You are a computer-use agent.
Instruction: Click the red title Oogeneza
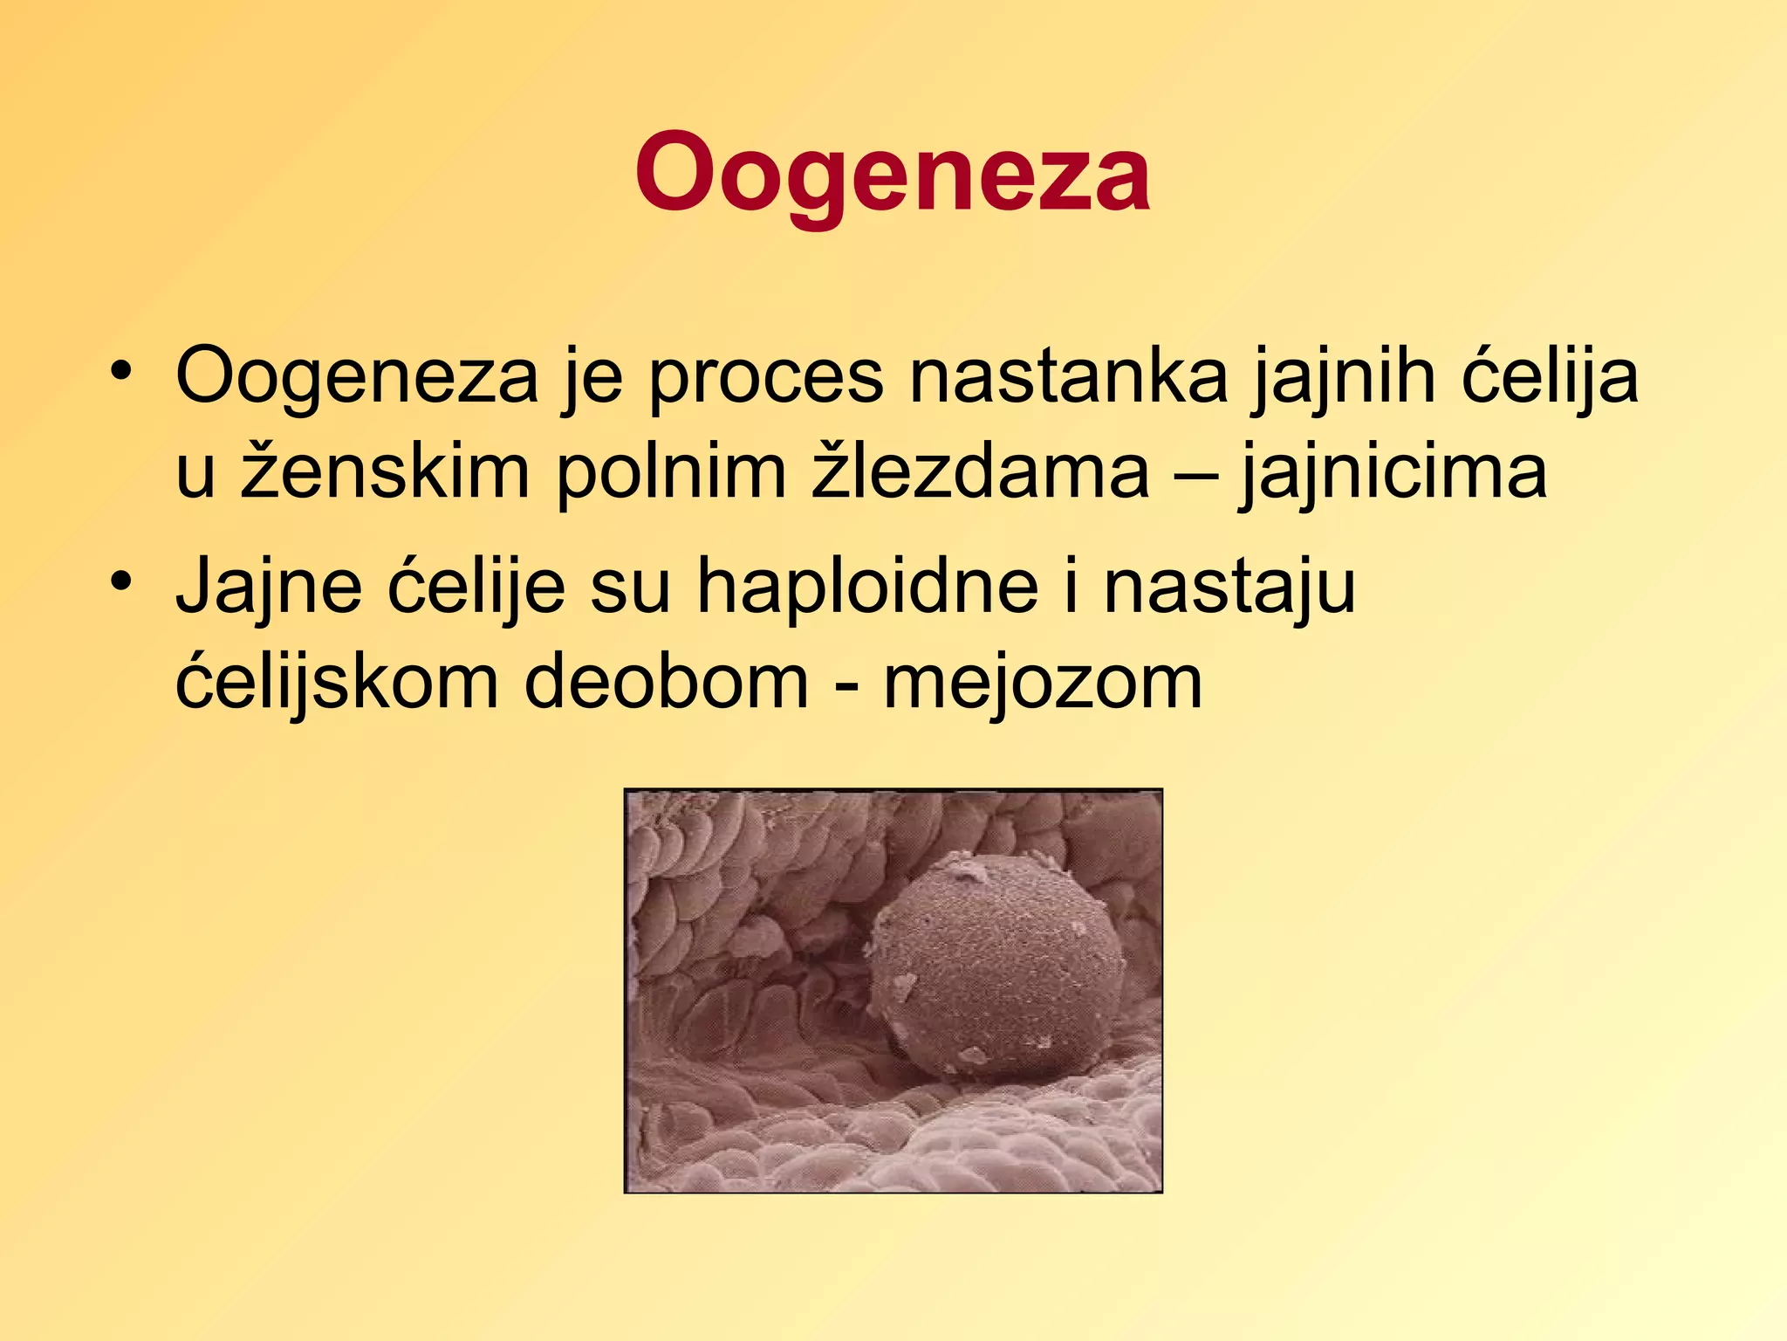[x=892, y=173]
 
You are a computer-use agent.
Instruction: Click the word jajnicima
[x=1393, y=472]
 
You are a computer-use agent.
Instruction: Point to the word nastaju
[x=1229, y=587]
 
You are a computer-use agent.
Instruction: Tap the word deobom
[x=668, y=682]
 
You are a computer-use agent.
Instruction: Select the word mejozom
[x=1043, y=682]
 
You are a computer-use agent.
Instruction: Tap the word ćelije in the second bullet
[x=476, y=587]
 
